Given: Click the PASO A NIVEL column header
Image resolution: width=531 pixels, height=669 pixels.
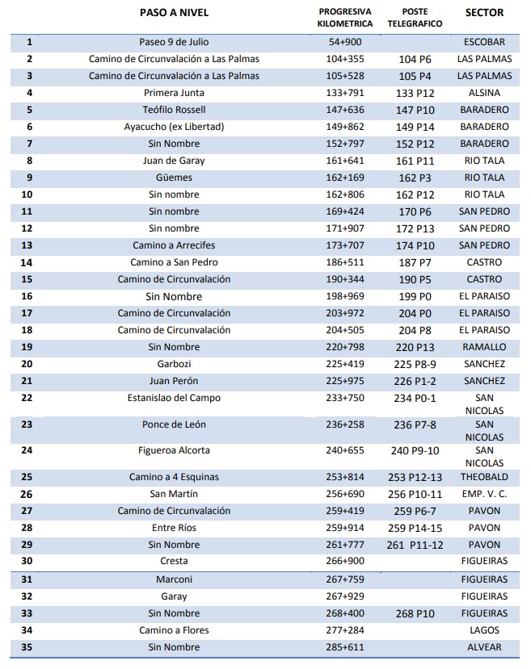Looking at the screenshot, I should tap(174, 13).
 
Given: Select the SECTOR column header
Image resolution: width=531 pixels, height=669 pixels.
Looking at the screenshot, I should tap(484, 13).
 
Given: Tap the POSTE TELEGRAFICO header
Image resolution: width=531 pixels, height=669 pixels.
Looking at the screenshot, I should tap(415, 18).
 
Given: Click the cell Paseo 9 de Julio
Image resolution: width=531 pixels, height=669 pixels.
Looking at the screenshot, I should tap(174, 42).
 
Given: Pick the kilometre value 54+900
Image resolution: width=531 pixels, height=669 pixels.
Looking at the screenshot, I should tap(345, 42).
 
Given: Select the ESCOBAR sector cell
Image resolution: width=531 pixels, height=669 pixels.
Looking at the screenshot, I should tap(484, 42).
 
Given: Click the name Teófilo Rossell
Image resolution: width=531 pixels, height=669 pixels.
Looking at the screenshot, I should tap(174, 110).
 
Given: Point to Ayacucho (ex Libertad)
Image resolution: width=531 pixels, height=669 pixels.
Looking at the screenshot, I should tap(174, 127).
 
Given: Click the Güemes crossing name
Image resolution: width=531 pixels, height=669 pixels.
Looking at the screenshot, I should tap(174, 178).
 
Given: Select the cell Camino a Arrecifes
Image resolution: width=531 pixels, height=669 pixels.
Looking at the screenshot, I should tap(174, 245).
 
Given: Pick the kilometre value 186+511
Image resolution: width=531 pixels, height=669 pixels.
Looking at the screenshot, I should tap(345, 262).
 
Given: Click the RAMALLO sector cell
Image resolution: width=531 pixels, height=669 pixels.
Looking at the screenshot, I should tap(484, 347).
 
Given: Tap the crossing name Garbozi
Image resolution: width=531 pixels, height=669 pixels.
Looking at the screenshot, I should tap(174, 364).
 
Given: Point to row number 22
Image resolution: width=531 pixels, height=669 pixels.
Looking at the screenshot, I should tap(29, 398).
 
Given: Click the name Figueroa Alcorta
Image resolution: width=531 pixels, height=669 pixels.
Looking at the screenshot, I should tap(174, 450).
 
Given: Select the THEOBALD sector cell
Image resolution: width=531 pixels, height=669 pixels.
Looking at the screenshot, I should tap(484, 477).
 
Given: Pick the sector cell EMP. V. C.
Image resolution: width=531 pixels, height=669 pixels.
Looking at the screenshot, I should tap(484, 494).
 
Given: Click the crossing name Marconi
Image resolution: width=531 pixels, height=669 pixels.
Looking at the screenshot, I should tap(174, 579).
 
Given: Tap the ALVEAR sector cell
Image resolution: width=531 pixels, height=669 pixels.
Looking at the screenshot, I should tap(484, 646).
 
